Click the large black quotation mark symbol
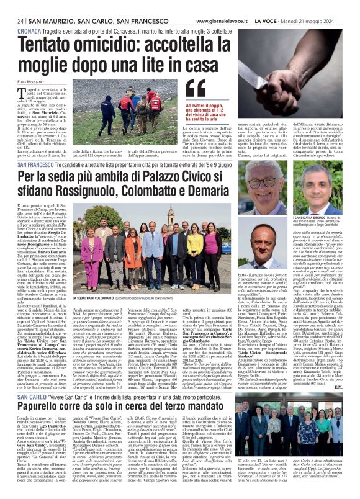click(197, 89)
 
